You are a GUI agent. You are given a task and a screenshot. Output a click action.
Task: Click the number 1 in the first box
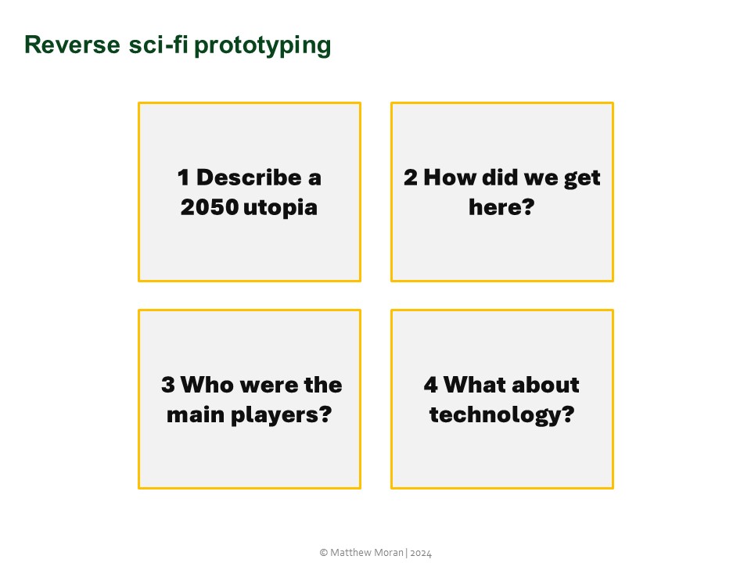pos(183,178)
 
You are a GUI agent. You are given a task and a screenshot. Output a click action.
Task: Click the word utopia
pos(281,209)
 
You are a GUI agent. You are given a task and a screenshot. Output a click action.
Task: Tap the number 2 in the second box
pos(411,178)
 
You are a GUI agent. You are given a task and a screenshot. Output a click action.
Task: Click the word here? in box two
pos(501,208)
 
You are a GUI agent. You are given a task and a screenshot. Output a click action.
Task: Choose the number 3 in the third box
pos(167,385)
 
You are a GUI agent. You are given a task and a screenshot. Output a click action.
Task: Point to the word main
pos(194,414)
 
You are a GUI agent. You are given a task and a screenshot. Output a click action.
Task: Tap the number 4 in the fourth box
pos(430,385)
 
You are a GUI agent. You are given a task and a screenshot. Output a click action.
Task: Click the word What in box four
pos(478,385)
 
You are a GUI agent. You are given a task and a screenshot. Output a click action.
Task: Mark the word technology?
pos(501,415)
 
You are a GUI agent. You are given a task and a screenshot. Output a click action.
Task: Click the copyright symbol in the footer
pos(324,553)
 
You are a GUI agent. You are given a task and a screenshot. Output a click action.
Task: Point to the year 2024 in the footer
pos(420,553)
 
